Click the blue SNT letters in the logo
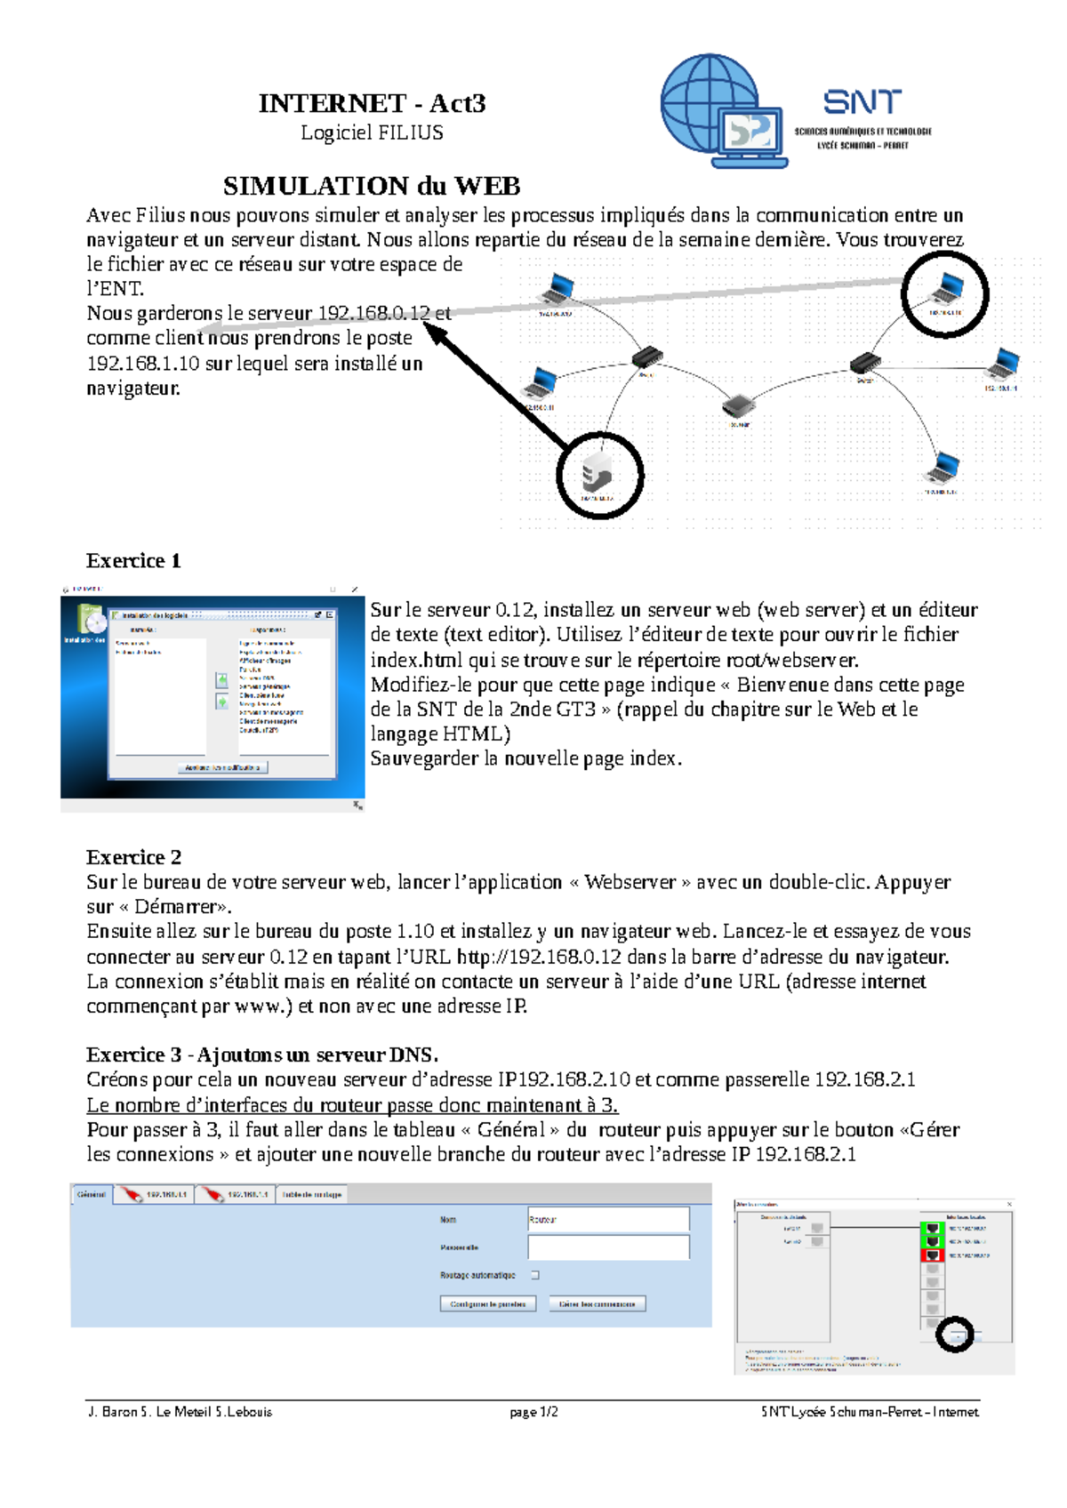(862, 102)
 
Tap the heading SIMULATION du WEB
(372, 186)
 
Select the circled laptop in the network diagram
(945, 290)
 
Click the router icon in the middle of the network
(738, 406)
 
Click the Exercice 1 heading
(133, 561)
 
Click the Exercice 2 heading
(133, 857)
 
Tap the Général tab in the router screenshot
(92, 1194)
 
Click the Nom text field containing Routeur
(608, 1220)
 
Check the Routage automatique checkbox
(535, 1275)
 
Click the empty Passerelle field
(608, 1247)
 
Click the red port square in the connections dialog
(932, 1255)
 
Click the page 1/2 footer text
(533, 1412)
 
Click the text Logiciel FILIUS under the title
(372, 132)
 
